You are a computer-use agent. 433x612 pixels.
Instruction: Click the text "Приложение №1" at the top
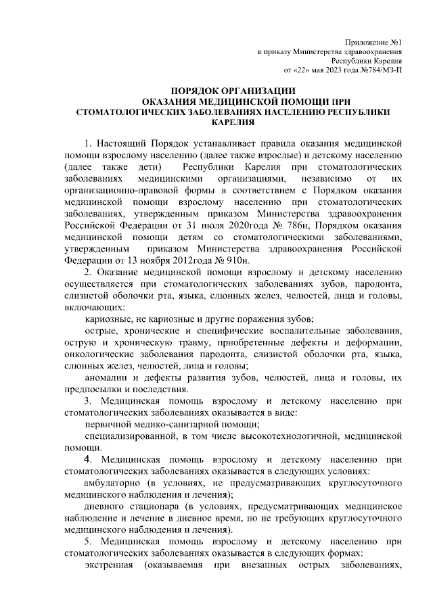(x=373, y=42)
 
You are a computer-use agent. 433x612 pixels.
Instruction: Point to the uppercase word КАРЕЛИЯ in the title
(x=233, y=123)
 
